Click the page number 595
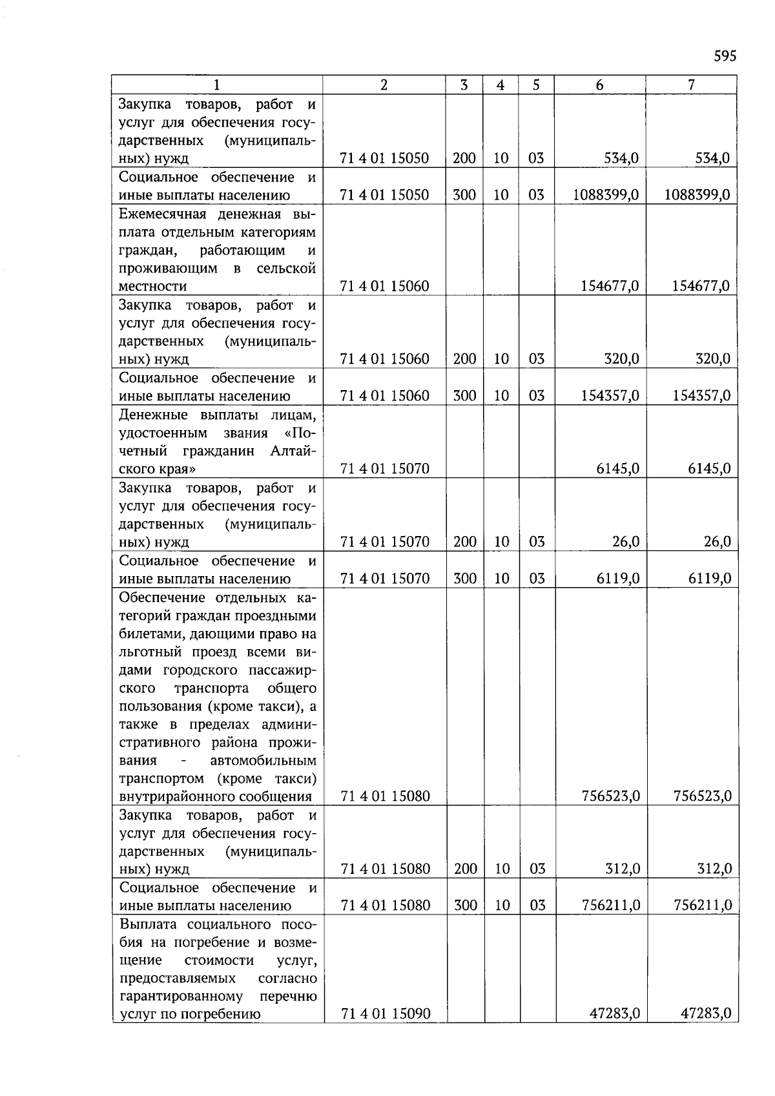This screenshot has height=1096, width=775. tap(725, 56)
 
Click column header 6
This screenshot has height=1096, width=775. tap(600, 85)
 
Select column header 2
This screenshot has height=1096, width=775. tap(384, 85)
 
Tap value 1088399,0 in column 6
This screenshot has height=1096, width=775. tap(606, 194)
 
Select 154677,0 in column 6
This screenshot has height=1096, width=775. tap(610, 285)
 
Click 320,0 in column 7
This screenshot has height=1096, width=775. tap(712, 358)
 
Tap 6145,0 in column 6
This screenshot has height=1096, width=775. tap(617, 468)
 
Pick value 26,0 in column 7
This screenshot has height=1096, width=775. tap(717, 541)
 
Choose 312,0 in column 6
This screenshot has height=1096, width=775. tap(622, 869)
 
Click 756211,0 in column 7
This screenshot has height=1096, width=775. tap(703, 905)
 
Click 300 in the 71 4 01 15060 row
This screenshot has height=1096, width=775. tap(464, 395)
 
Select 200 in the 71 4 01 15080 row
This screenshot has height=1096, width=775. tap(465, 869)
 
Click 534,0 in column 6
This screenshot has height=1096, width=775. tap(621, 158)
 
